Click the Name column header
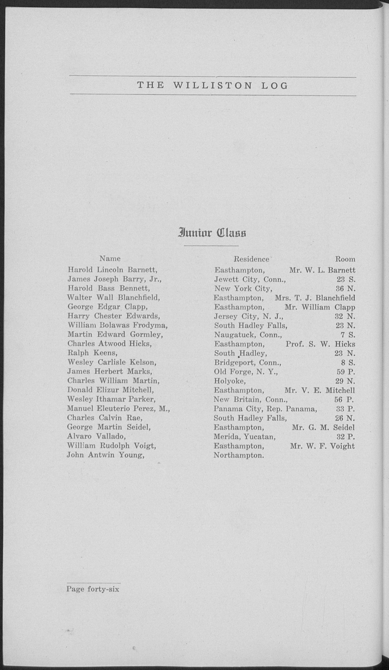pos(110,258)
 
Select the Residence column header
pos(251,259)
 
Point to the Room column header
pos(345,259)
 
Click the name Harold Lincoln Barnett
pos(113,270)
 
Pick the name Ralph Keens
pos(92,353)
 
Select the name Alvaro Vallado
pos(96,436)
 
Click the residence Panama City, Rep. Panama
pos(265,409)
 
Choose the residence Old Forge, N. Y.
pos(246,372)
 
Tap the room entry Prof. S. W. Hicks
pos(320,344)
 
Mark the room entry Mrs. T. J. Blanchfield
pos(315,298)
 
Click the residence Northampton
pos(239,455)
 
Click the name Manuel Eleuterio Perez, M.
pos(118,409)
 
